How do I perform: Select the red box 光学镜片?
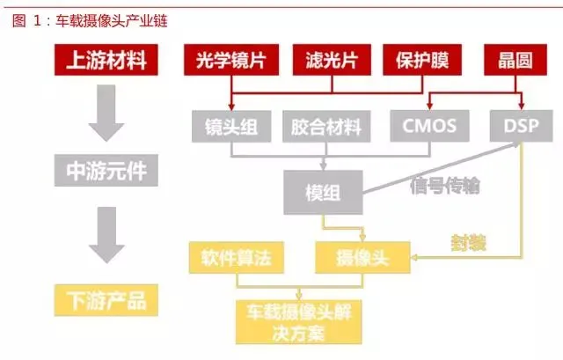point(230,61)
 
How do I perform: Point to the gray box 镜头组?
point(230,126)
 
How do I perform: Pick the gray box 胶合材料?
point(325,126)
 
